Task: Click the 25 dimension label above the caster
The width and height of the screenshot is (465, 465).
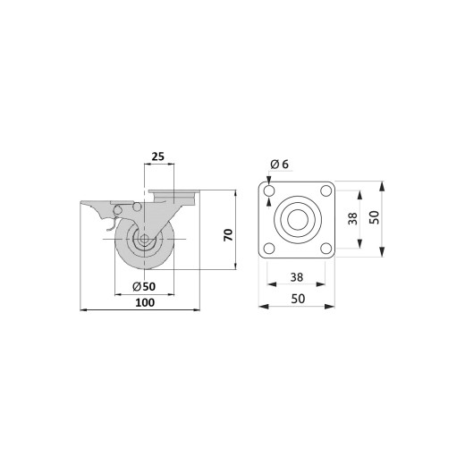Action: coord(158,156)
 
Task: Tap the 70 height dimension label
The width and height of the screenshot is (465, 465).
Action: coord(228,235)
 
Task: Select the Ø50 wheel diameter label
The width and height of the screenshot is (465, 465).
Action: coord(144,287)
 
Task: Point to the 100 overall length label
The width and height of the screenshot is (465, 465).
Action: coord(145,302)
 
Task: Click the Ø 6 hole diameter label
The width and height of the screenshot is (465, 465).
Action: coord(280,164)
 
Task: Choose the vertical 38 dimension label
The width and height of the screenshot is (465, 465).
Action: coord(352,218)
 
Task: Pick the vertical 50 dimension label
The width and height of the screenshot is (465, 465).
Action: coord(375,217)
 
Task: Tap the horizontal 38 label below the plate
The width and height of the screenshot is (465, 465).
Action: coord(297,277)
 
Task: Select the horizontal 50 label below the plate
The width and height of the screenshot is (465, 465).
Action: coord(298,299)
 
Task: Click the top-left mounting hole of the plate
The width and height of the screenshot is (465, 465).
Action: coord(269,190)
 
